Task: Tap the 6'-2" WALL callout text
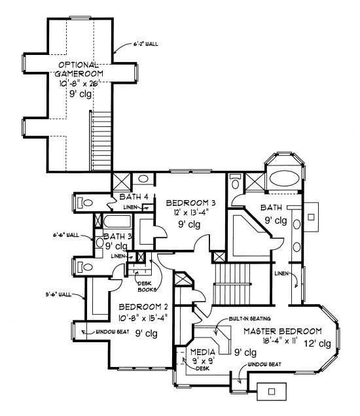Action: (145, 44)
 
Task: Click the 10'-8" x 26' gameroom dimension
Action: (79, 82)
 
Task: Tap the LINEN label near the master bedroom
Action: (282, 273)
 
